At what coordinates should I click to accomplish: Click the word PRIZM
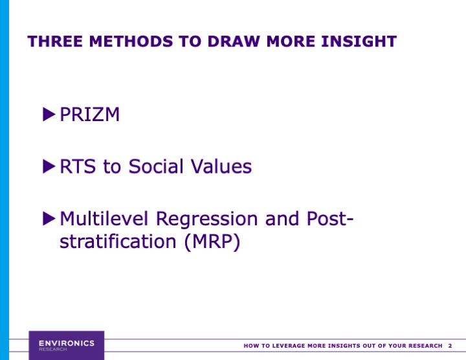coord(89,115)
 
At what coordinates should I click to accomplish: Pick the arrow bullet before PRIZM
coord(49,115)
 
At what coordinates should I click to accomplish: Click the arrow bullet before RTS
coord(49,166)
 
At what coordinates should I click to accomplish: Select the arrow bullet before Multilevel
coord(49,218)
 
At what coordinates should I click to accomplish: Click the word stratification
coord(115,242)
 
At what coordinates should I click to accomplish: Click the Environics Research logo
coord(66,345)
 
